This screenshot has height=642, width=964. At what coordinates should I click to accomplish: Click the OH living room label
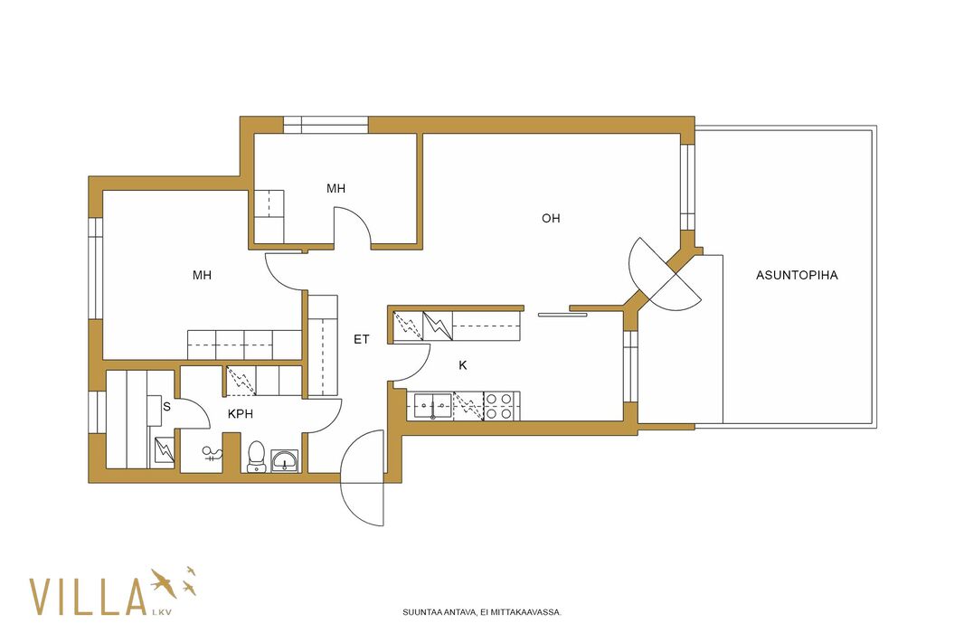click(x=551, y=218)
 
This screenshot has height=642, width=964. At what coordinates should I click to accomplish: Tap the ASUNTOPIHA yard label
click(x=797, y=276)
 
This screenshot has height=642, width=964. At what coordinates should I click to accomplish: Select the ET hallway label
click(x=362, y=339)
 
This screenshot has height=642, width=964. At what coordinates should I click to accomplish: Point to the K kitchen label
click(x=463, y=365)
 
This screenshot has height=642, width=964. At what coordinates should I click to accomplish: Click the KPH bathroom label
click(x=241, y=414)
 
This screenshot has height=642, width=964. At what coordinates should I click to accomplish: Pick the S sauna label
click(x=166, y=407)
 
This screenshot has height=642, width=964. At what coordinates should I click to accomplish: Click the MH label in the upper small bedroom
click(x=336, y=189)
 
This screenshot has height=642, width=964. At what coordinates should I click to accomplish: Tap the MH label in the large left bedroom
click(x=203, y=275)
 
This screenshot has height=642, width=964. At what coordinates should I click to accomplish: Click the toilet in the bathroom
click(x=256, y=457)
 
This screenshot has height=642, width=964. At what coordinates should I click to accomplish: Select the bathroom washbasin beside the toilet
click(x=285, y=460)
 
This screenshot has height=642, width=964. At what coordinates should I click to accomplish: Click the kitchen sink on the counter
click(x=433, y=406)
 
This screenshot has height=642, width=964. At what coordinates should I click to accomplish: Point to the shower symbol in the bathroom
click(x=213, y=455)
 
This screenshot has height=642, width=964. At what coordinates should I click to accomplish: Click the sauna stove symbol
click(x=165, y=450)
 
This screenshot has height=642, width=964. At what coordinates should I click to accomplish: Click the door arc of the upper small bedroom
click(x=354, y=225)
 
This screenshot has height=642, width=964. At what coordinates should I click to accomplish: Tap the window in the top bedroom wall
click(x=326, y=125)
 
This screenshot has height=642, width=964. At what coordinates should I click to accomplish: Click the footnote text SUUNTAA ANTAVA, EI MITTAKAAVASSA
click(x=482, y=612)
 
